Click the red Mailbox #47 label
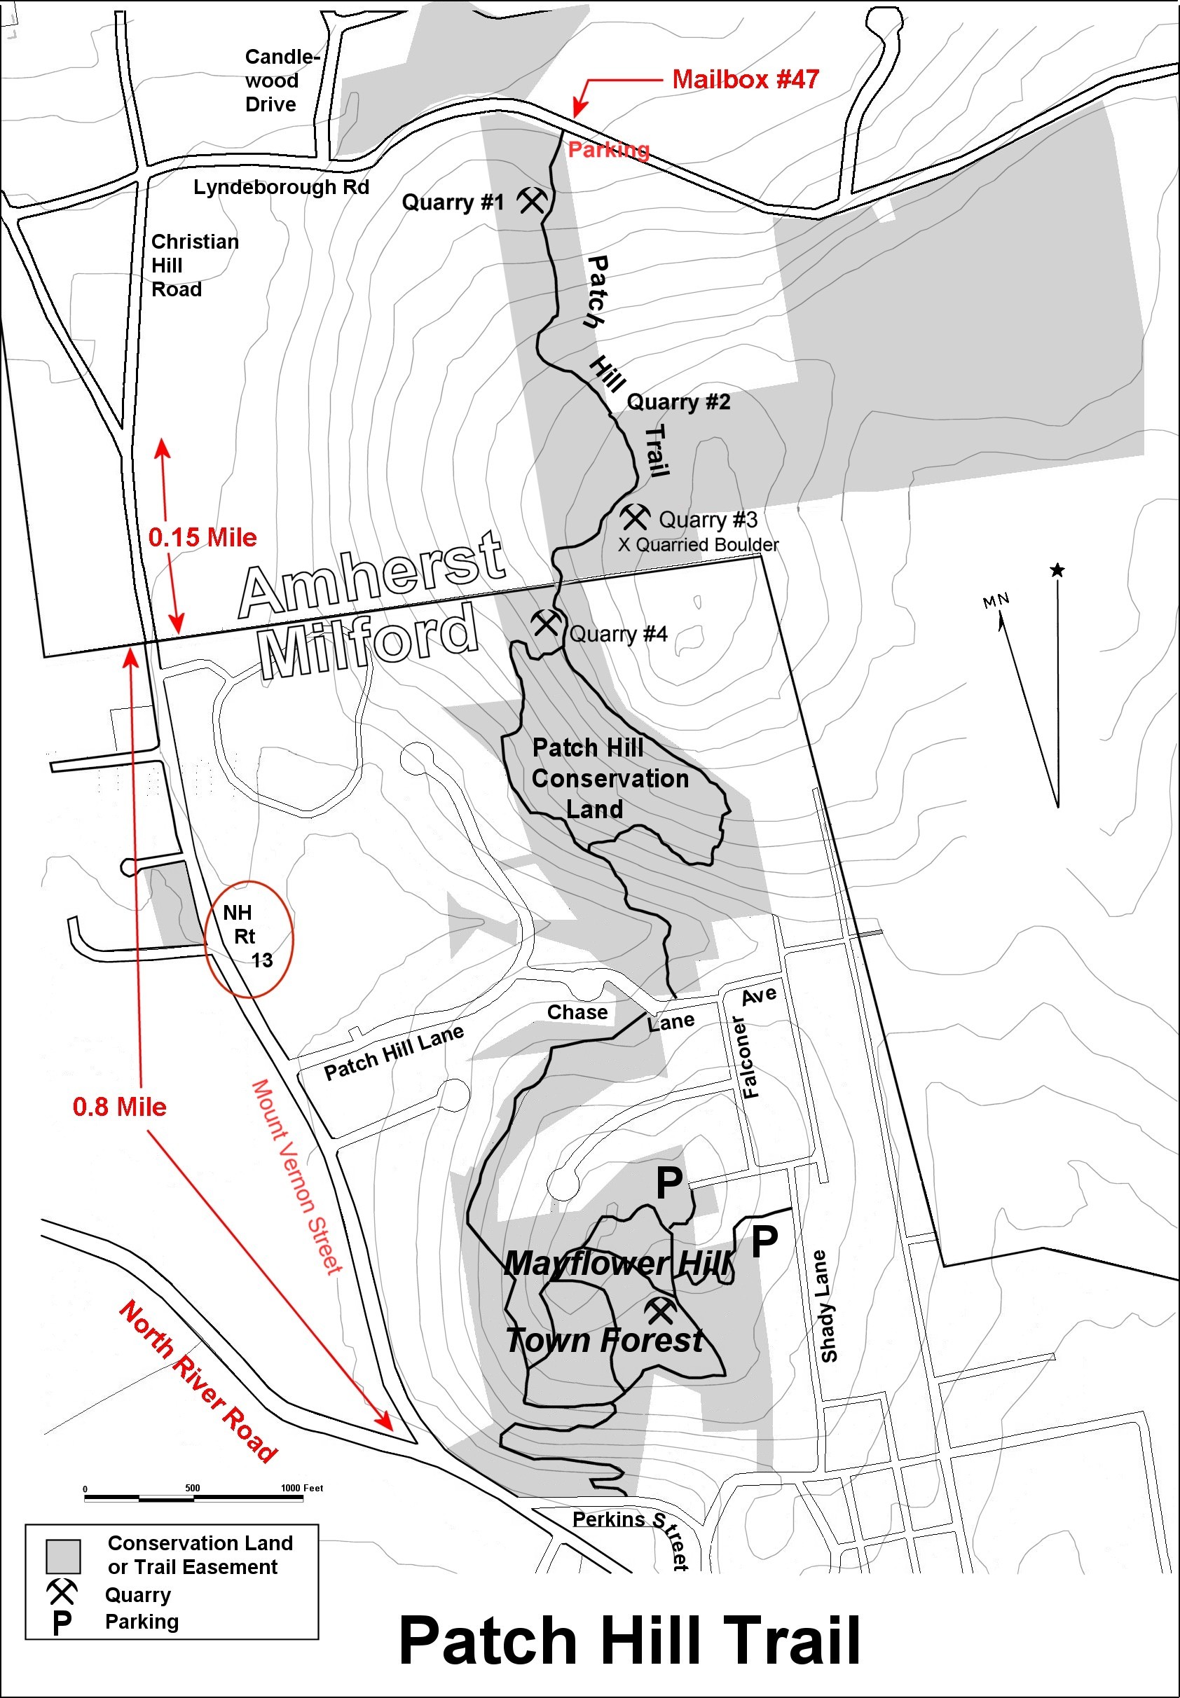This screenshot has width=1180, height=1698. tap(745, 79)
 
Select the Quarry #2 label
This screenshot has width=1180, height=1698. tap(678, 402)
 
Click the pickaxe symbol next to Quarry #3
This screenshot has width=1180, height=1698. tap(634, 516)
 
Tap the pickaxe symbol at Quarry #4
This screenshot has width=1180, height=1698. tap(546, 622)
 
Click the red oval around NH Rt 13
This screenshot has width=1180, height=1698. tap(249, 939)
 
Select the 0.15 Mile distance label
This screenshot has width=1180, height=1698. tap(203, 537)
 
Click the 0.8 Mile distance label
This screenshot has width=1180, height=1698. tap(119, 1107)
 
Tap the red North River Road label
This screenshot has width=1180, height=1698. tap(198, 1380)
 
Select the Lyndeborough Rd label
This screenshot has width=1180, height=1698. tap(281, 187)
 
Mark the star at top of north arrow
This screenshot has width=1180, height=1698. tap(1057, 570)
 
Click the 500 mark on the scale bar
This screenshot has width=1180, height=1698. tap(192, 1488)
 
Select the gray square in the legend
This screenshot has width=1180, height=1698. tap(63, 1555)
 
